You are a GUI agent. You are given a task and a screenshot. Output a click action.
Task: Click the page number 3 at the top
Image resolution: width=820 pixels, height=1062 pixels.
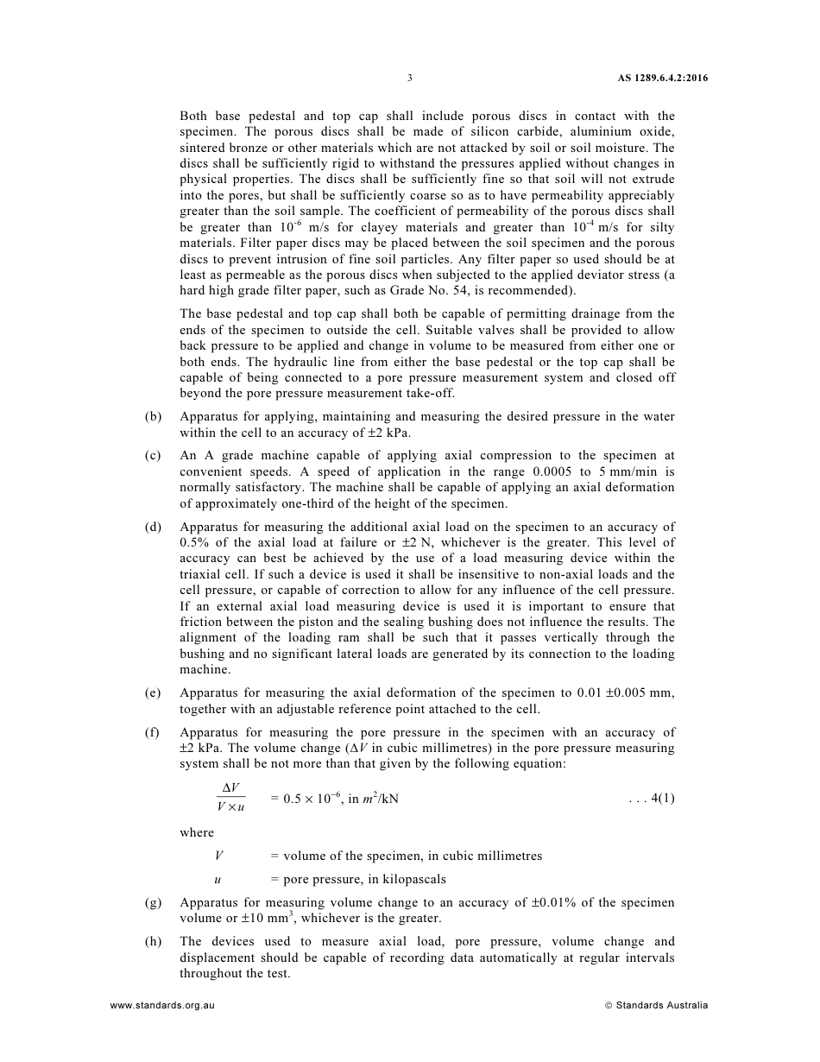pos(409,78)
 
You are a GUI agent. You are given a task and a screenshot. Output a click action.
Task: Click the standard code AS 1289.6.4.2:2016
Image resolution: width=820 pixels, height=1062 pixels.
pos(663,78)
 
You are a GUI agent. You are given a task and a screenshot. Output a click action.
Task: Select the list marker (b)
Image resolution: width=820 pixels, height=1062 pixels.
pos(153,417)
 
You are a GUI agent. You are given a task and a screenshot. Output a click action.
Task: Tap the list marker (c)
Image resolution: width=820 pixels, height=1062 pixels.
pos(153,456)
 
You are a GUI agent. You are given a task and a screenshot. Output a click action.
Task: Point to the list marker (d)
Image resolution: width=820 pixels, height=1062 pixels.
pos(153,527)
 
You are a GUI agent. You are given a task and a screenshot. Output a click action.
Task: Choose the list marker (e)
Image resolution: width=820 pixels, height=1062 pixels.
pos(153,693)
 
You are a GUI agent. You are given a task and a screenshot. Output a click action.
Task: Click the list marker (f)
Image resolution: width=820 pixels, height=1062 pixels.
pos(153,732)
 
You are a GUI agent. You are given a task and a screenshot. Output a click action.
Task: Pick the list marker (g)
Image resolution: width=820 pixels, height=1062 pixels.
pos(153,902)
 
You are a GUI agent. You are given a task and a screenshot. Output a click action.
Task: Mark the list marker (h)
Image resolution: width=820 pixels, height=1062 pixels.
pos(153,941)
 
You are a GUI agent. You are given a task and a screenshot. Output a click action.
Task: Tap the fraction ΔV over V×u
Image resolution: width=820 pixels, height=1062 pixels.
pos(230,798)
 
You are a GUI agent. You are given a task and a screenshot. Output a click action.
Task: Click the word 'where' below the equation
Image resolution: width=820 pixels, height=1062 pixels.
pos(197,832)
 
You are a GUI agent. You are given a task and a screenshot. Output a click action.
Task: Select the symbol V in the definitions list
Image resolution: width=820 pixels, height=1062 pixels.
pos(219,856)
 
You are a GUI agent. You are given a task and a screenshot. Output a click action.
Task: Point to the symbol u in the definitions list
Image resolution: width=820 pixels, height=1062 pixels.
pos(218,879)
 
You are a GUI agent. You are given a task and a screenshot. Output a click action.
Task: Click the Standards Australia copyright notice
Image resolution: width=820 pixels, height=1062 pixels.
pos(657,1005)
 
